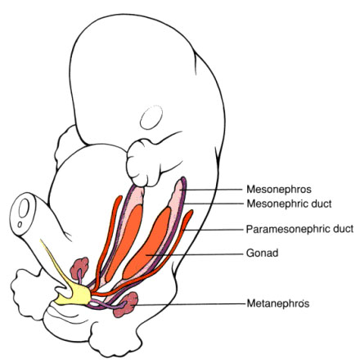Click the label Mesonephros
coord(279,189)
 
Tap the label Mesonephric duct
coord(289,204)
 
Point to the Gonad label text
coord(263,253)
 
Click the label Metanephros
coord(278,303)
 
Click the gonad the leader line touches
coord(148,243)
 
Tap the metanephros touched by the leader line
coord(126,304)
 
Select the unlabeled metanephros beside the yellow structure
coord(79,268)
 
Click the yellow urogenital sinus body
coord(76,294)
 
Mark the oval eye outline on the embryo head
coord(151,117)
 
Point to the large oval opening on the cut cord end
coord(24,208)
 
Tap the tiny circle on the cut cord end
coord(20,225)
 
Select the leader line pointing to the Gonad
coord(194,254)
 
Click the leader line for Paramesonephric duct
coord(213,230)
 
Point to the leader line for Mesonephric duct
coord(214,204)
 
